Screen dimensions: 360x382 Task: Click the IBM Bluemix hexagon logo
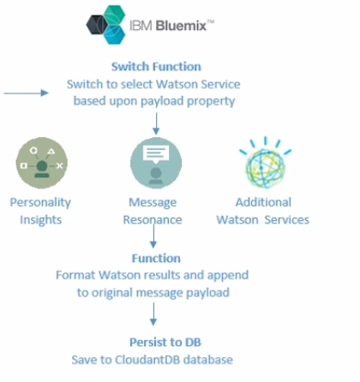click(105, 25)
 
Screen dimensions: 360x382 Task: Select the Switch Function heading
click(156, 67)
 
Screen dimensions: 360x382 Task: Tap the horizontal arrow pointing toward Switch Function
click(26, 93)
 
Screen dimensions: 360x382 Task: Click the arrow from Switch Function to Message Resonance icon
click(156, 123)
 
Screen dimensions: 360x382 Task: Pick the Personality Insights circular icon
click(42, 163)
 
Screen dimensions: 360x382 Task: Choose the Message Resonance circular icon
click(156, 163)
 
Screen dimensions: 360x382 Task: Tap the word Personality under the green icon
click(40, 203)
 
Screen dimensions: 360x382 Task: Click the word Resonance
click(153, 220)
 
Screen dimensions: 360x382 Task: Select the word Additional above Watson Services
click(263, 202)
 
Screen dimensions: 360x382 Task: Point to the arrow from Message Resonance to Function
click(153, 236)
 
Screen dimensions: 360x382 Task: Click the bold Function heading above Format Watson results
click(156, 259)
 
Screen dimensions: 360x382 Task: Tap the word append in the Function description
click(228, 276)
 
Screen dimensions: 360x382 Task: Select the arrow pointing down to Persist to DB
click(153, 314)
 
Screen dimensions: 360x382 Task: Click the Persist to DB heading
click(165, 343)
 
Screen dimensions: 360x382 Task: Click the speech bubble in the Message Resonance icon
click(156, 154)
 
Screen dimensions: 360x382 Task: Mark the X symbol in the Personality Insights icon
click(59, 165)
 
